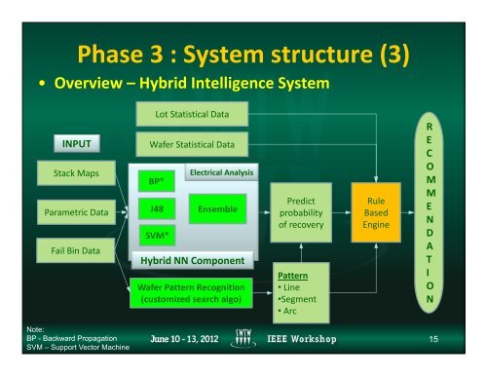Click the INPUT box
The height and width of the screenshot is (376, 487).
[x=77, y=144]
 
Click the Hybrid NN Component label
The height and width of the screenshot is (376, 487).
[x=192, y=262]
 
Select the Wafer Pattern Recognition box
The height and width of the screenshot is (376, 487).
[x=191, y=294]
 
